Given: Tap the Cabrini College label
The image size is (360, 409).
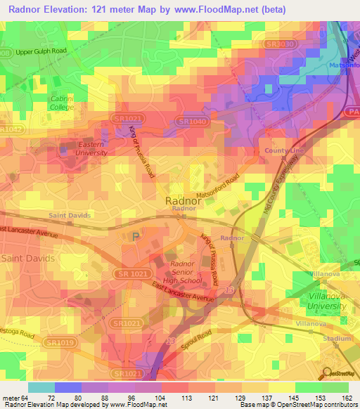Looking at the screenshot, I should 62,103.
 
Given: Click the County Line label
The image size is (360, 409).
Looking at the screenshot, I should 284,151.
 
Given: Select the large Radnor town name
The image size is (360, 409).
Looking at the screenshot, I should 184,200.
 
